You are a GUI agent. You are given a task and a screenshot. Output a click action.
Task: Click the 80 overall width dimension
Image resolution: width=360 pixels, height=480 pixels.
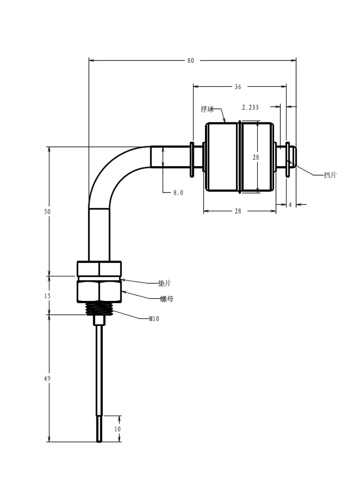(191, 60)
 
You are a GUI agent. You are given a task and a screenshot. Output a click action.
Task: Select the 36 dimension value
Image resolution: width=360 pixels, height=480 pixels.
(238, 87)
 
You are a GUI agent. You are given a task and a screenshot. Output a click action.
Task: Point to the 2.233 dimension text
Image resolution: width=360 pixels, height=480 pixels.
(250, 108)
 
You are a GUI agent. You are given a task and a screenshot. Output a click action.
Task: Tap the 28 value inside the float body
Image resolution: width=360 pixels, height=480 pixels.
(256, 157)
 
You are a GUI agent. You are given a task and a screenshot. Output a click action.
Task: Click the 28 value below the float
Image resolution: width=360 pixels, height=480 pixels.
(238, 211)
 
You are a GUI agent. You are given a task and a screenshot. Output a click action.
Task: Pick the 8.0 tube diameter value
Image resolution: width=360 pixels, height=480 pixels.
(178, 192)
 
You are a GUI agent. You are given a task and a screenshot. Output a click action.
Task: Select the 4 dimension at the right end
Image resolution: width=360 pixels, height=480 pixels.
(290, 204)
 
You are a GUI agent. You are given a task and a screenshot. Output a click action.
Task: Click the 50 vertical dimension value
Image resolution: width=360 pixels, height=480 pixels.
(48, 212)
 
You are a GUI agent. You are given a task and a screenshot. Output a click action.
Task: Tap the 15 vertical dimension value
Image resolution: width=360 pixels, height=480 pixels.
(48, 296)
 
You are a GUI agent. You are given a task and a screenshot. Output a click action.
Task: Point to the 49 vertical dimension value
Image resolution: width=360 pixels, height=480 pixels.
(48, 379)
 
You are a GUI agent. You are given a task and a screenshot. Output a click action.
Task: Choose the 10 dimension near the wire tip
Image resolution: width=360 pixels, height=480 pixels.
(118, 429)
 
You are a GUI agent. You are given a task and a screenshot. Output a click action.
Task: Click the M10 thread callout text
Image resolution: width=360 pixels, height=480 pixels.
(154, 319)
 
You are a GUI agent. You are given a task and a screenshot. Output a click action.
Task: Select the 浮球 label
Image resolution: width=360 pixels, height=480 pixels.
(207, 109)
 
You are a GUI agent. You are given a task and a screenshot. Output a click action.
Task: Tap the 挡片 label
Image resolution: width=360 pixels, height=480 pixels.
(330, 175)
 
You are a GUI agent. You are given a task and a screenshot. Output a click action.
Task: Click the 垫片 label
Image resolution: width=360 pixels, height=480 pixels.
(164, 284)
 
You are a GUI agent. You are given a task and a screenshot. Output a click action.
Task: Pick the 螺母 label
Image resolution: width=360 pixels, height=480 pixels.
(167, 299)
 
